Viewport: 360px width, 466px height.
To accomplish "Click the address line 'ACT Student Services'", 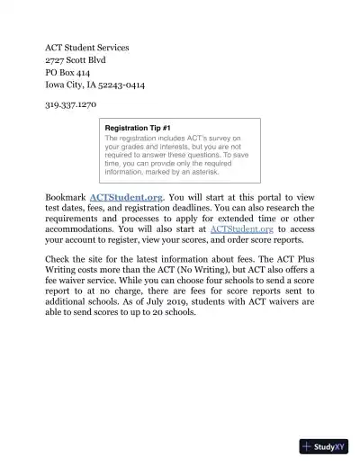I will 87,47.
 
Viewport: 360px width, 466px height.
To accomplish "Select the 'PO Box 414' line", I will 67,72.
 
